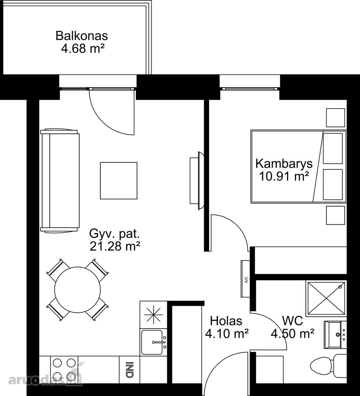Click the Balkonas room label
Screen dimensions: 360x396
pyautogui.click(x=81, y=36)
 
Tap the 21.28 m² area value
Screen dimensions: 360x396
pyautogui.click(x=115, y=246)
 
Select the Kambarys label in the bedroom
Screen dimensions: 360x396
pyautogui.click(x=284, y=164)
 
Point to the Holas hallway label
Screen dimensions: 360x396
pyautogui.click(x=226, y=321)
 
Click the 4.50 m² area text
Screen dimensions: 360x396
pyautogui.click(x=293, y=334)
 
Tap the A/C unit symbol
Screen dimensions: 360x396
pyautogui.click(x=246, y=279)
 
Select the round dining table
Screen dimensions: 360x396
pyautogui.click(x=77, y=290)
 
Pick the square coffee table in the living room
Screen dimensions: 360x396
pyautogui.click(x=119, y=180)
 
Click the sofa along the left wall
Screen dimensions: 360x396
pyautogui.click(x=60, y=180)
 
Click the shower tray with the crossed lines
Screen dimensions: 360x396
pyautogui.click(x=326, y=298)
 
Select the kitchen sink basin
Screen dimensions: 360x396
pyautogui.click(x=152, y=342)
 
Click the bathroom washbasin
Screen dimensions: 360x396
pyautogui.click(x=335, y=335)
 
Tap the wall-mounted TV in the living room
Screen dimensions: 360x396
pyautogui.click(x=197, y=180)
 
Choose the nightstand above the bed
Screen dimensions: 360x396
pyautogui.click(x=335, y=117)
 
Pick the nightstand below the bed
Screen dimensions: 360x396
pyautogui.click(x=335, y=215)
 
